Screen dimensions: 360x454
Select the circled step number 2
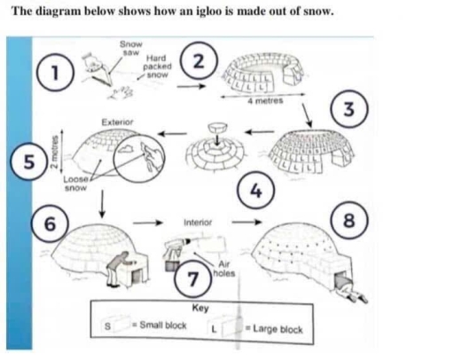(201, 60)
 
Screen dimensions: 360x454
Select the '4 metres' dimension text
(265, 103)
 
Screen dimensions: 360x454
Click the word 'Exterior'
(118, 120)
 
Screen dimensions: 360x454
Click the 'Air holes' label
(224, 266)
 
